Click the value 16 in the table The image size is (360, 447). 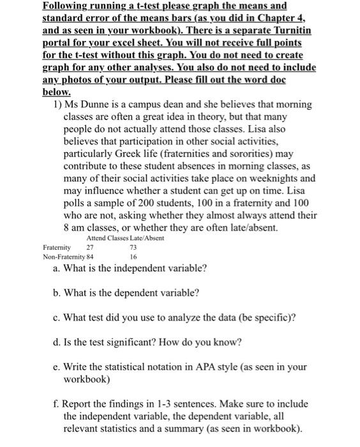(x=133, y=256)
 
